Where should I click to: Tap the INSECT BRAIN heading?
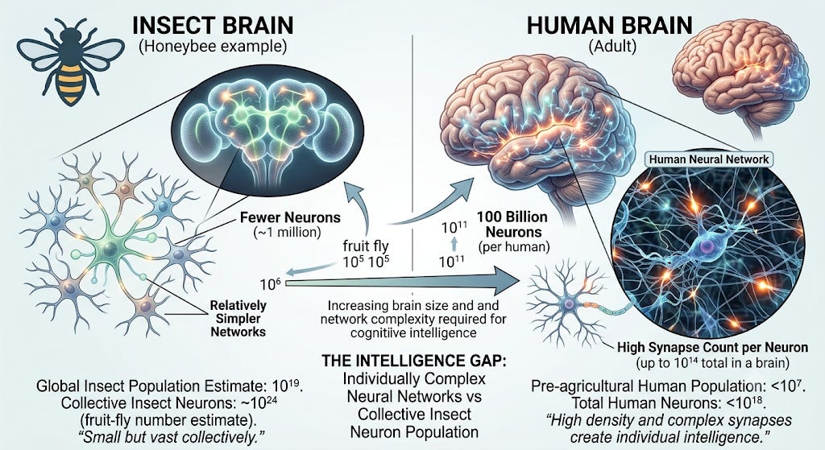213,25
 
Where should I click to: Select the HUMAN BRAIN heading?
610,25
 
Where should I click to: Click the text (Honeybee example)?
213,47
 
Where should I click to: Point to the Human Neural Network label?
709,159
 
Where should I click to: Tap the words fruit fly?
366,246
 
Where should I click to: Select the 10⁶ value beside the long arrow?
270,284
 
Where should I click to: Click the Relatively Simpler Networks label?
238,318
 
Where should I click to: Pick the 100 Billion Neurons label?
512,225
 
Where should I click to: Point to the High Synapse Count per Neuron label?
712,347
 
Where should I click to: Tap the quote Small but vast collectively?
170,437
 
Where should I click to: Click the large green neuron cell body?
111,248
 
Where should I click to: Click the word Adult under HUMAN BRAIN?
612,46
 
